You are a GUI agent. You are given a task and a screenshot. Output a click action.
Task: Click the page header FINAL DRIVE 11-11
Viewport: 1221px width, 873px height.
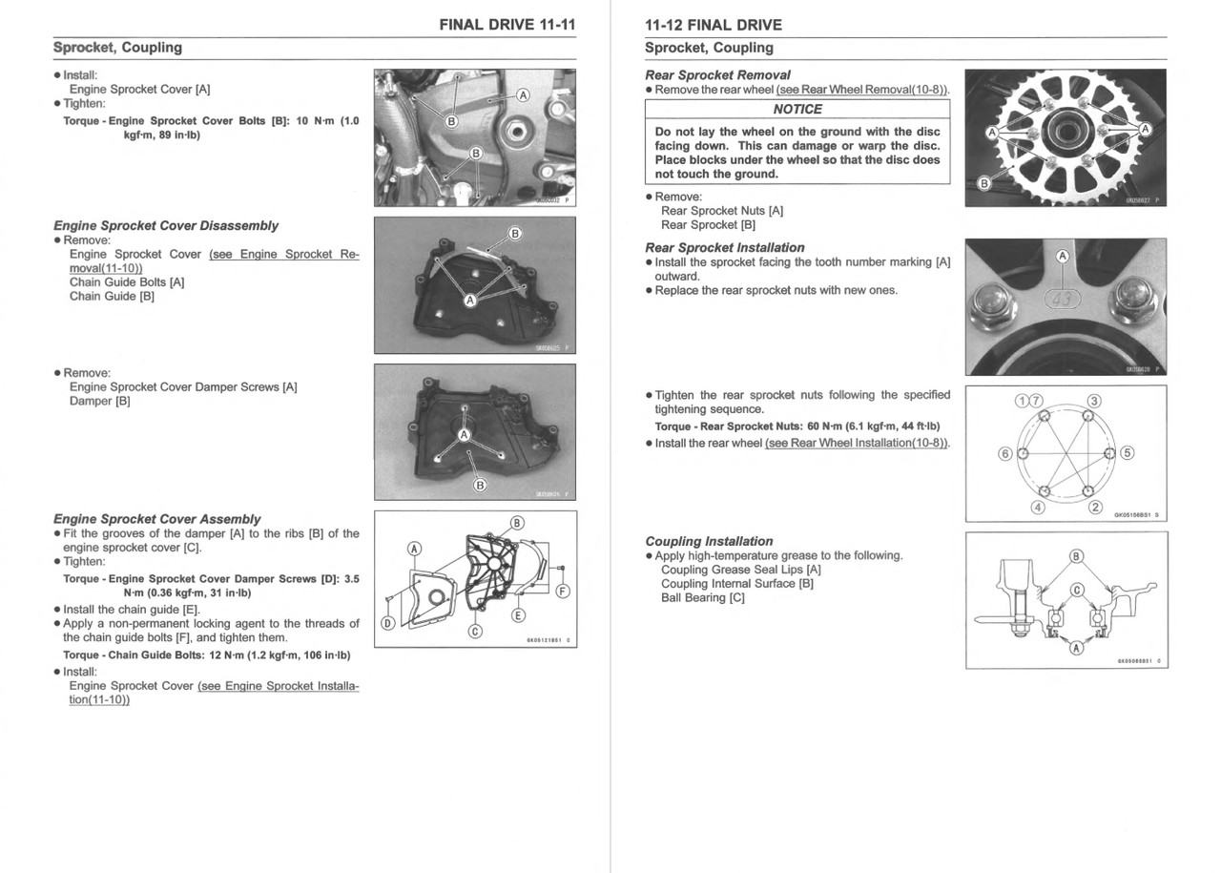[507, 24]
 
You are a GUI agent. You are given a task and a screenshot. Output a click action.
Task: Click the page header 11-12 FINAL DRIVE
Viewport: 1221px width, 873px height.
[713, 25]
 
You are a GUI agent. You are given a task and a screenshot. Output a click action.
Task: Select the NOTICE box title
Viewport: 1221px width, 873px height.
[797, 109]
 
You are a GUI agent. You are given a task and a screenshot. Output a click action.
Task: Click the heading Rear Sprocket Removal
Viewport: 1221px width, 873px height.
[717, 74]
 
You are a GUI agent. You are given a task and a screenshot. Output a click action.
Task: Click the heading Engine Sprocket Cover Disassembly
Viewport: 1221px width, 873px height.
[166, 226]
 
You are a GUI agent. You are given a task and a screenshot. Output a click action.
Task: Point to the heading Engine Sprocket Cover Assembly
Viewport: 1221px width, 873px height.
[156, 519]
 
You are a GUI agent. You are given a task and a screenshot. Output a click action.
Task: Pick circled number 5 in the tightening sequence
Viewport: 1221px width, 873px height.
[1128, 452]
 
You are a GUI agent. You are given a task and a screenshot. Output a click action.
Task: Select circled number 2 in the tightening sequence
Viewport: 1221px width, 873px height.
[1095, 507]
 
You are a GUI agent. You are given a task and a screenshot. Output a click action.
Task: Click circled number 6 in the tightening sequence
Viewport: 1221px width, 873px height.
[1004, 453]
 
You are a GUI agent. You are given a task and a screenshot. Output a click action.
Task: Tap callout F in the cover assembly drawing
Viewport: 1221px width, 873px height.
[562, 592]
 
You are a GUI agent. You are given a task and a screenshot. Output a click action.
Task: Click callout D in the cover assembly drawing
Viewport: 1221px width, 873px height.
[388, 623]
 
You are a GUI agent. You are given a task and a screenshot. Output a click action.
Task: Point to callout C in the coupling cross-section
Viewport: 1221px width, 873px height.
[1076, 590]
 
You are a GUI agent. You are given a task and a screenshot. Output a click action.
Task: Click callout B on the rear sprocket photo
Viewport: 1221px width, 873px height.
[984, 182]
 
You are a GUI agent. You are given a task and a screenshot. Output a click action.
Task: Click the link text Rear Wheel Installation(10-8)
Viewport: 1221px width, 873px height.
[857, 443]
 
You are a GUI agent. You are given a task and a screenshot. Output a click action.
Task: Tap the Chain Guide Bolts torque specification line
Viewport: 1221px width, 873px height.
[206, 655]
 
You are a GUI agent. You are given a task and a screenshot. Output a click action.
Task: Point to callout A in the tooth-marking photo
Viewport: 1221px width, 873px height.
[1063, 257]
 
